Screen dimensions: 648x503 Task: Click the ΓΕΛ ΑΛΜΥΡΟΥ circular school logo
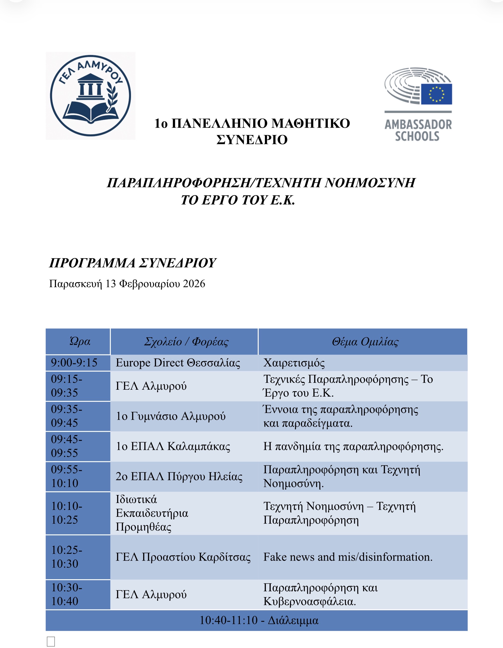[90, 96]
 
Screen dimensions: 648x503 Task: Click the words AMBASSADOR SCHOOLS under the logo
[418, 130]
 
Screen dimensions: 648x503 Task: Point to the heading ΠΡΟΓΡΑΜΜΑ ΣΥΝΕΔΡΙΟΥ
[132, 263]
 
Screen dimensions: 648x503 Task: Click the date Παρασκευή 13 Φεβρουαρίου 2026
[127, 284]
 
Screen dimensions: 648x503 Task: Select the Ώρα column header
[80, 342]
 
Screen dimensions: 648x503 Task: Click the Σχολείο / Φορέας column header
[186, 342]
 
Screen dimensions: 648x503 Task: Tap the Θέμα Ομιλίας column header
[365, 342]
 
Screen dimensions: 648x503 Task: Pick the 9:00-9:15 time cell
[74, 363]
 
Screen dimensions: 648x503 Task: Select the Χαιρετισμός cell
[294, 363]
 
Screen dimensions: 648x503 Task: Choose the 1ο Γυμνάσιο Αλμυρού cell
[170, 416]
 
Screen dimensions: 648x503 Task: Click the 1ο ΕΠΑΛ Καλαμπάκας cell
[173, 446]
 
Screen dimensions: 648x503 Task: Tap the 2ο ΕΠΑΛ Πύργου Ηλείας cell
[179, 476]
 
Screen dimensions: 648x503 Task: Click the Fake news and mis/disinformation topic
[348, 557]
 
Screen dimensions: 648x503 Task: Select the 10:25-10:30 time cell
[67, 557]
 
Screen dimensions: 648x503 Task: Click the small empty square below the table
[51, 642]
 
